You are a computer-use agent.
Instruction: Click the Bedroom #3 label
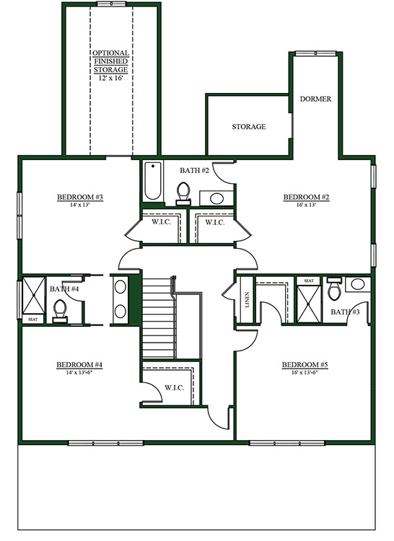point(80,197)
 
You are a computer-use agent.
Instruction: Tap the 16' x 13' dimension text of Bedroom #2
point(307,205)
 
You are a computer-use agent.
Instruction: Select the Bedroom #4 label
point(79,365)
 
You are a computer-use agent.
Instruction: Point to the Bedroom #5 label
point(305,365)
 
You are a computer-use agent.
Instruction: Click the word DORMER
point(315,99)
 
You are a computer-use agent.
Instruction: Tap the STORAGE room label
point(249,127)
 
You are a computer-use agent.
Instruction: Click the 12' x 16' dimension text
point(110,78)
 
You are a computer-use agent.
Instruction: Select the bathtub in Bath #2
point(152,181)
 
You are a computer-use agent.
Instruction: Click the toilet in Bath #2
point(183,194)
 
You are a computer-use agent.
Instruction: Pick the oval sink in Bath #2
point(216,198)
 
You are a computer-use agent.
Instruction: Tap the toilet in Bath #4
point(60,311)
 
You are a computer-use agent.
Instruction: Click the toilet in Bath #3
point(334,289)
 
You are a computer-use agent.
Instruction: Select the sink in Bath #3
point(358,284)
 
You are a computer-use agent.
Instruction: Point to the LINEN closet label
point(247,300)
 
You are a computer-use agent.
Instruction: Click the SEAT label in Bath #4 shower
point(32,320)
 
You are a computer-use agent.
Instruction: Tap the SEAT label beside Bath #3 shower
point(309,281)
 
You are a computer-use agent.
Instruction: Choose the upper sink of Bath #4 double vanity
point(120,287)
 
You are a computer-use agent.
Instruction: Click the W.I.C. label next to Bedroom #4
point(174,388)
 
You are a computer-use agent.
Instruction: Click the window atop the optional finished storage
point(111,4)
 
